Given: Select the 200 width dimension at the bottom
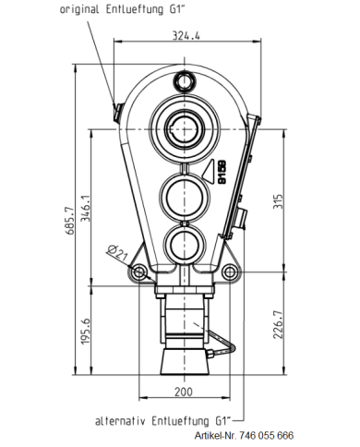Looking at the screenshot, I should coord(184,392).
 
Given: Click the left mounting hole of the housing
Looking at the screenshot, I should coord(138,272).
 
